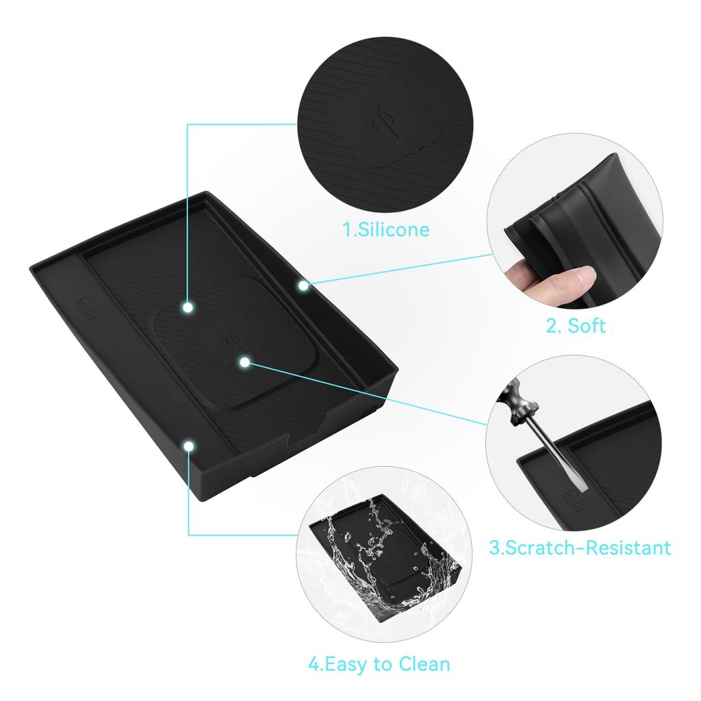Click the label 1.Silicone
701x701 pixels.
pyautogui.click(x=386, y=229)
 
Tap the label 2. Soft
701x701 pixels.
pyautogui.click(x=576, y=325)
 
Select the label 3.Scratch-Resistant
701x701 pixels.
pyautogui.click(x=580, y=547)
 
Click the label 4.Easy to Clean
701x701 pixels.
pyautogui.click(x=379, y=663)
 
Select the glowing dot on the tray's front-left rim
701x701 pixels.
pyautogui.click(x=188, y=446)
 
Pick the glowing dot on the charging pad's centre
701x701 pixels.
pyautogui.click(x=244, y=360)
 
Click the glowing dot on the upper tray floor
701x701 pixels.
pyautogui.click(x=188, y=308)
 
